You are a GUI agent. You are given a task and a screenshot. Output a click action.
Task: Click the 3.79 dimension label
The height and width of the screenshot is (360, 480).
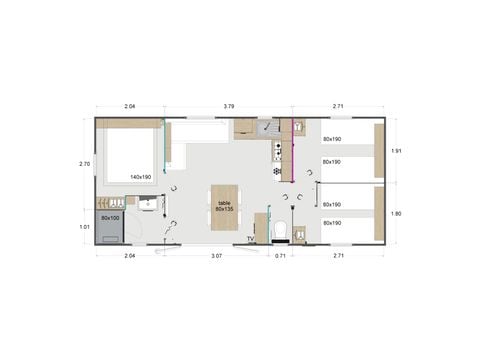229,106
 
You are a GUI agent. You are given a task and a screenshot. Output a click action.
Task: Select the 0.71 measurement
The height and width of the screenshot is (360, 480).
280,257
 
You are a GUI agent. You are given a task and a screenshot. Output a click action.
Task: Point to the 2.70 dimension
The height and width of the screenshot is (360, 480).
85,164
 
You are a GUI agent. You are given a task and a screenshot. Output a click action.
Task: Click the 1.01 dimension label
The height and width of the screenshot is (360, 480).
85,227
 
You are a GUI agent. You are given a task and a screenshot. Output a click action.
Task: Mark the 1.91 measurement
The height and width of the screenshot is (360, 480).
396,151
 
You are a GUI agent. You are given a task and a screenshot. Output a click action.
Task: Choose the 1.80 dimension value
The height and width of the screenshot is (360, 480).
396,213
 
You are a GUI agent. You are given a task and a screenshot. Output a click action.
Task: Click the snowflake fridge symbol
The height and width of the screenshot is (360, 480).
277,171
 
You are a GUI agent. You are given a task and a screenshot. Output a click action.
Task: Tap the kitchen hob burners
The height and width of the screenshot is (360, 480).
277,151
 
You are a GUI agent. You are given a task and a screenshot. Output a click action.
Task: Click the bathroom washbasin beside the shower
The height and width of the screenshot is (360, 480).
148,206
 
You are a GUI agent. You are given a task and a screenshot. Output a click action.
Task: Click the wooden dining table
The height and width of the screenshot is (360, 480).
223,210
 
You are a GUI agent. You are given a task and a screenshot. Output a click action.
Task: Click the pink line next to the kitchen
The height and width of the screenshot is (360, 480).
292,150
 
